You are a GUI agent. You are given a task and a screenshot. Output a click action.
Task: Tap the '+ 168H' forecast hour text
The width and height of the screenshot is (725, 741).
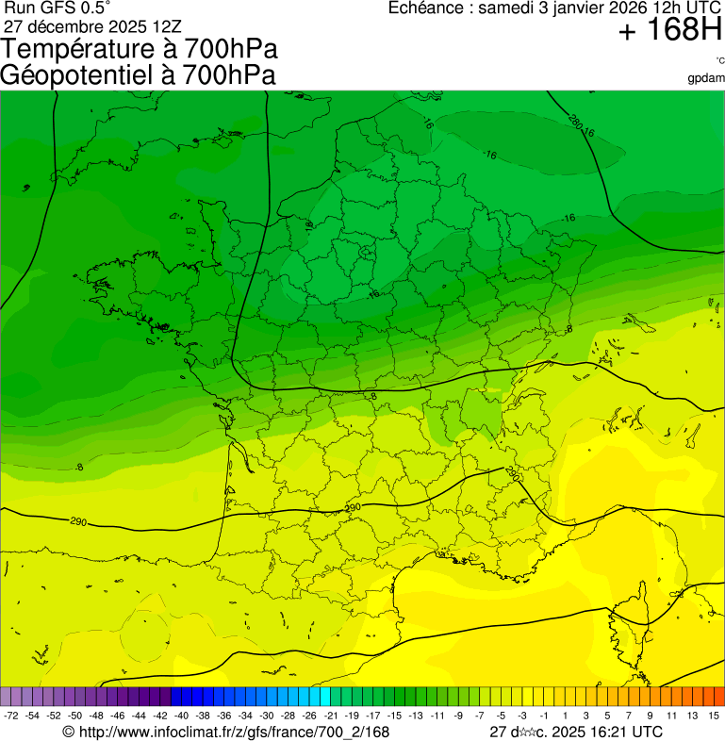click(x=669, y=33)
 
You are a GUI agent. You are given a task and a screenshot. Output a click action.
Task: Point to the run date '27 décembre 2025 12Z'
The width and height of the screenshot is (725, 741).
click(x=99, y=25)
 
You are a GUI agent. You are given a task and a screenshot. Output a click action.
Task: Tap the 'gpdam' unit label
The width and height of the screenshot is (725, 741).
click(x=706, y=78)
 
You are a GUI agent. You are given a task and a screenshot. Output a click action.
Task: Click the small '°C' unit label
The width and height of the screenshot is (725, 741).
click(x=719, y=61)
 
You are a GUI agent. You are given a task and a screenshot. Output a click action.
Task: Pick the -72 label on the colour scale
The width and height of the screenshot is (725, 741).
click(x=11, y=716)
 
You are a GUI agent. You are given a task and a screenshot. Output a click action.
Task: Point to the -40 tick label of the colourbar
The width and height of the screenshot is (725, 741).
click(x=180, y=716)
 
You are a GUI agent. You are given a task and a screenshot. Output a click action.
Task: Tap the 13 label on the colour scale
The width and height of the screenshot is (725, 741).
click(x=693, y=716)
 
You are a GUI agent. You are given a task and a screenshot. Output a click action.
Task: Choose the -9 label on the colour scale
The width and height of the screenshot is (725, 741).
click(x=458, y=716)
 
